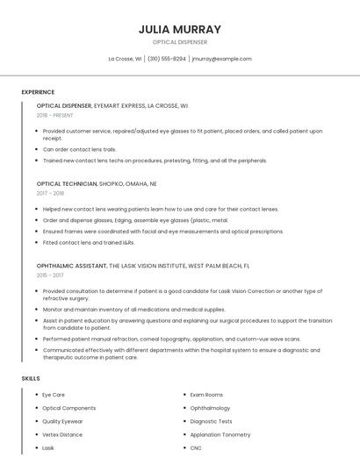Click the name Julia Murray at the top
click(179, 29)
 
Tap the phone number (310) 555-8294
click(166, 59)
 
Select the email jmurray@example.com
click(221, 59)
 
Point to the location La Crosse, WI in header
click(125, 59)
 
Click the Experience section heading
click(38, 92)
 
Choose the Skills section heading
click(31, 378)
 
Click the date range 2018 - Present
click(55, 115)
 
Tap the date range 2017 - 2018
click(51, 193)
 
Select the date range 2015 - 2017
click(51, 275)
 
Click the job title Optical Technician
click(67, 184)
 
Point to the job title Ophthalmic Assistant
click(70, 265)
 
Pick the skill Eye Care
click(54, 395)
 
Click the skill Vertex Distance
click(62, 434)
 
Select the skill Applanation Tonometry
click(220, 434)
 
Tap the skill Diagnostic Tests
click(211, 421)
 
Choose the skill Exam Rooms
click(206, 395)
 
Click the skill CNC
click(197, 447)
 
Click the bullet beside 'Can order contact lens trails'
click(38, 149)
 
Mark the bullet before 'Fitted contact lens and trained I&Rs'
click(38, 242)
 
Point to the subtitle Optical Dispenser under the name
click(179, 41)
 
